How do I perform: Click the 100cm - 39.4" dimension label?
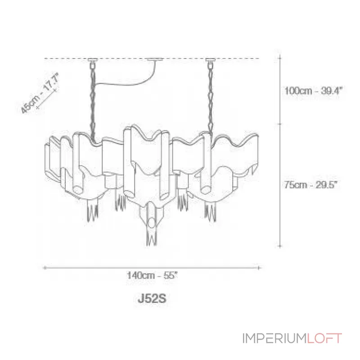click(313, 90)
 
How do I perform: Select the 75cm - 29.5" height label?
click(310, 184)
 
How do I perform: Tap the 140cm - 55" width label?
click(152, 275)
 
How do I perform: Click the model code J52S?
click(152, 299)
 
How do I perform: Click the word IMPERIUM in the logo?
click(274, 338)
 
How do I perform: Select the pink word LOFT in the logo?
click(324, 338)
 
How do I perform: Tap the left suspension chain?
click(93, 101)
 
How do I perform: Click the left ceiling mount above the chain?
click(93, 60)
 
